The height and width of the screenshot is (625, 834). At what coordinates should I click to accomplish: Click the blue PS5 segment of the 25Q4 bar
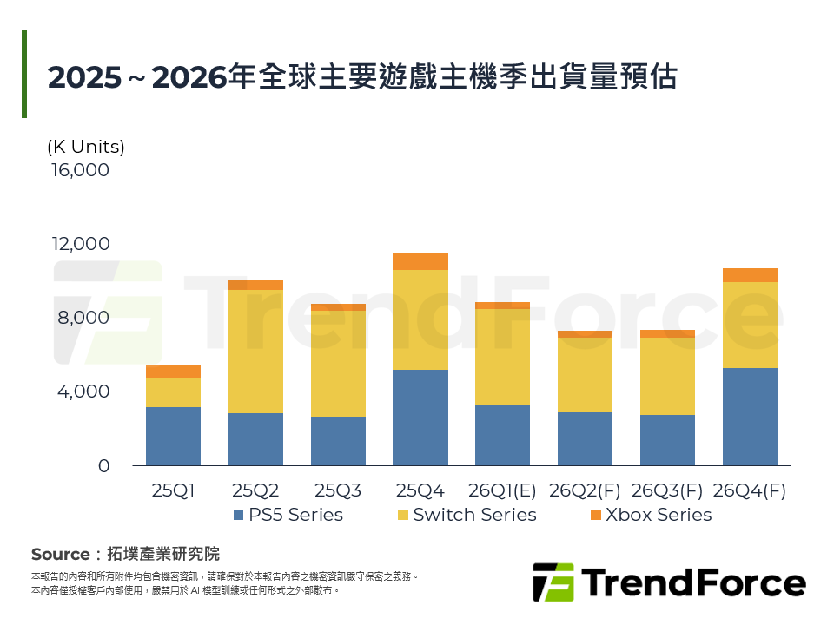point(420,418)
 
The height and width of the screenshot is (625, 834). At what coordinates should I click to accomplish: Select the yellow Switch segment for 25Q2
point(255,352)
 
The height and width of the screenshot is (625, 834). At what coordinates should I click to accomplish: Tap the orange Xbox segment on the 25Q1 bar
point(173,372)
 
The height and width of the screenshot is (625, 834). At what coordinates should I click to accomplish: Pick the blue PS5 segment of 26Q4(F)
point(750,417)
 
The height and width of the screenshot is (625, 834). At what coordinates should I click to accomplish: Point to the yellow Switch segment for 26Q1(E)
point(502,357)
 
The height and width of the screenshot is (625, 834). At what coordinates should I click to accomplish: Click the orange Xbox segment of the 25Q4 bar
point(420,261)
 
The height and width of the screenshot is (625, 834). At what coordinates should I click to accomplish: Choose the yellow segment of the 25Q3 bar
point(338,363)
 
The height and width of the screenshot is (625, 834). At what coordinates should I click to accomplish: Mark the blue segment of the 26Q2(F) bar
point(585,438)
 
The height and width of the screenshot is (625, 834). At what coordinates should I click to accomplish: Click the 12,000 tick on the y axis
point(81,244)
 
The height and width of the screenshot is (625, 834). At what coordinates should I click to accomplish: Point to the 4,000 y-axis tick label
point(84,391)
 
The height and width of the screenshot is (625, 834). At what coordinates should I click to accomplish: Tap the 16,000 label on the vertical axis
point(81,170)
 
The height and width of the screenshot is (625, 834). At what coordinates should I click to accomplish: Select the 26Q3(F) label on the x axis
point(667,490)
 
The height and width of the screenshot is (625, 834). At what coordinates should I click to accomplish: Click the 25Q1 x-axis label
point(173,490)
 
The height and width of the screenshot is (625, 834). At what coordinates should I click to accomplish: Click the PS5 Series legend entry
point(288,515)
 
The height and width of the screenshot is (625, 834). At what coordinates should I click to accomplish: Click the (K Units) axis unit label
point(86,147)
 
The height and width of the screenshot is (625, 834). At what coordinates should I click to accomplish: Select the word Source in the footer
point(60,554)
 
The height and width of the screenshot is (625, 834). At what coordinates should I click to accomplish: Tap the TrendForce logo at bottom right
point(669,582)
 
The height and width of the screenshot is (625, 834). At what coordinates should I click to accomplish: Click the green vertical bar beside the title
point(24,74)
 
